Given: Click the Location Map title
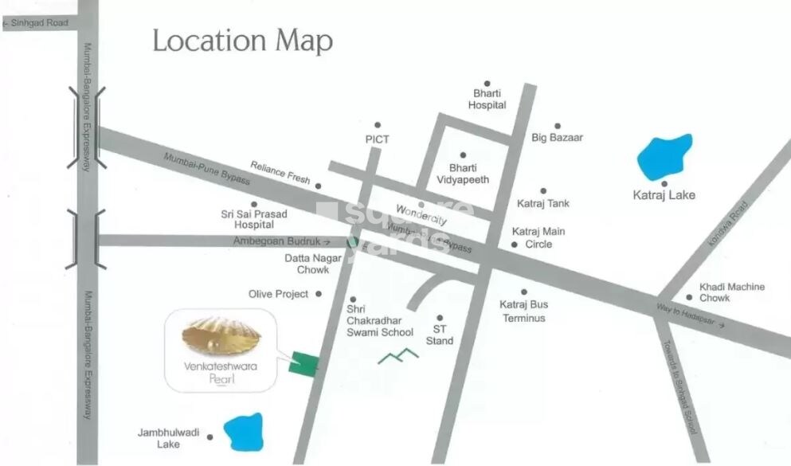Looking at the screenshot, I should click(x=242, y=41).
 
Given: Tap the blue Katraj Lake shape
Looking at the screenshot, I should click(x=664, y=158).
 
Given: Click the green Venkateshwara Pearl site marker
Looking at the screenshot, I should click(x=303, y=363).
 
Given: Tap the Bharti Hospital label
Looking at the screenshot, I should click(x=487, y=99).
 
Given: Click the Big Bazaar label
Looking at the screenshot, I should click(x=557, y=137).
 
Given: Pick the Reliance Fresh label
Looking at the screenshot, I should click(x=280, y=173).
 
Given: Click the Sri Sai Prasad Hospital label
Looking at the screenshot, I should click(x=253, y=220).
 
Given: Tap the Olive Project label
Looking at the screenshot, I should click(x=278, y=294).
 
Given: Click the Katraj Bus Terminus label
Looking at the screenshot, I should click(x=523, y=311).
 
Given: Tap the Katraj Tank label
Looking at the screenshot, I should click(x=542, y=203).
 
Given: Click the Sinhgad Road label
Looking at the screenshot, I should click(x=37, y=24).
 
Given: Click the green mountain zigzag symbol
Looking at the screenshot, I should click(x=397, y=357).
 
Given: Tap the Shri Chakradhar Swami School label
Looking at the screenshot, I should click(x=380, y=320).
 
